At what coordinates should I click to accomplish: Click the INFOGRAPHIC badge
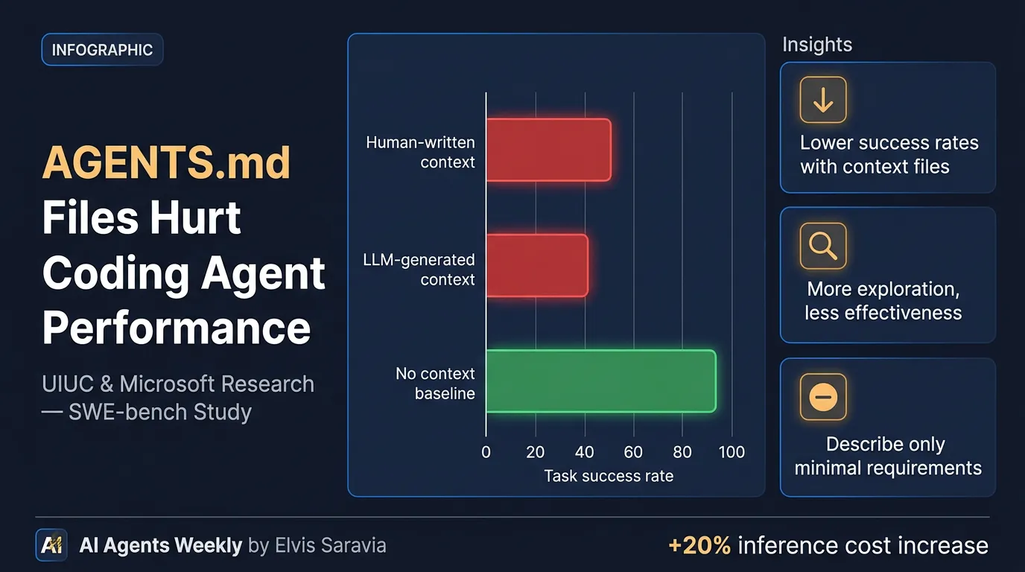click(x=102, y=50)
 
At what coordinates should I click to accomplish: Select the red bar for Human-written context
click(x=548, y=150)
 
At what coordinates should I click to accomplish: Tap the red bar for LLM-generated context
click(x=537, y=266)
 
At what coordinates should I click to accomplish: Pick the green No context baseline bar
click(x=600, y=381)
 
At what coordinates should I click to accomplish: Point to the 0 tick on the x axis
click(x=486, y=452)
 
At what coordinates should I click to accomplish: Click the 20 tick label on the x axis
click(x=535, y=452)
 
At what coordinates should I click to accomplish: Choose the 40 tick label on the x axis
click(x=585, y=452)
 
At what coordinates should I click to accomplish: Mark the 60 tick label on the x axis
click(x=633, y=452)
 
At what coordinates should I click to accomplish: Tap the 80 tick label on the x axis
click(x=682, y=452)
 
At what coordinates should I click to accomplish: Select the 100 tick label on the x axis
click(x=732, y=452)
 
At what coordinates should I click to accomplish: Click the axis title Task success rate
click(x=609, y=476)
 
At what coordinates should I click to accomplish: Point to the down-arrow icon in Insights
click(x=823, y=100)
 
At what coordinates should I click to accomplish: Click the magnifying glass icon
click(x=823, y=245)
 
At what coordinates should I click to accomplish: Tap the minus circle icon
click(x=823, y=397)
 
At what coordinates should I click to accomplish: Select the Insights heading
click(x=817, y=45)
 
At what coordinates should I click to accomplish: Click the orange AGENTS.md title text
click(x=166, y=162)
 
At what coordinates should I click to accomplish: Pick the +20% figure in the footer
click(x=699, y=545)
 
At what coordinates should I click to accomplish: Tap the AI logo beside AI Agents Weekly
click(x=51, y=545)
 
